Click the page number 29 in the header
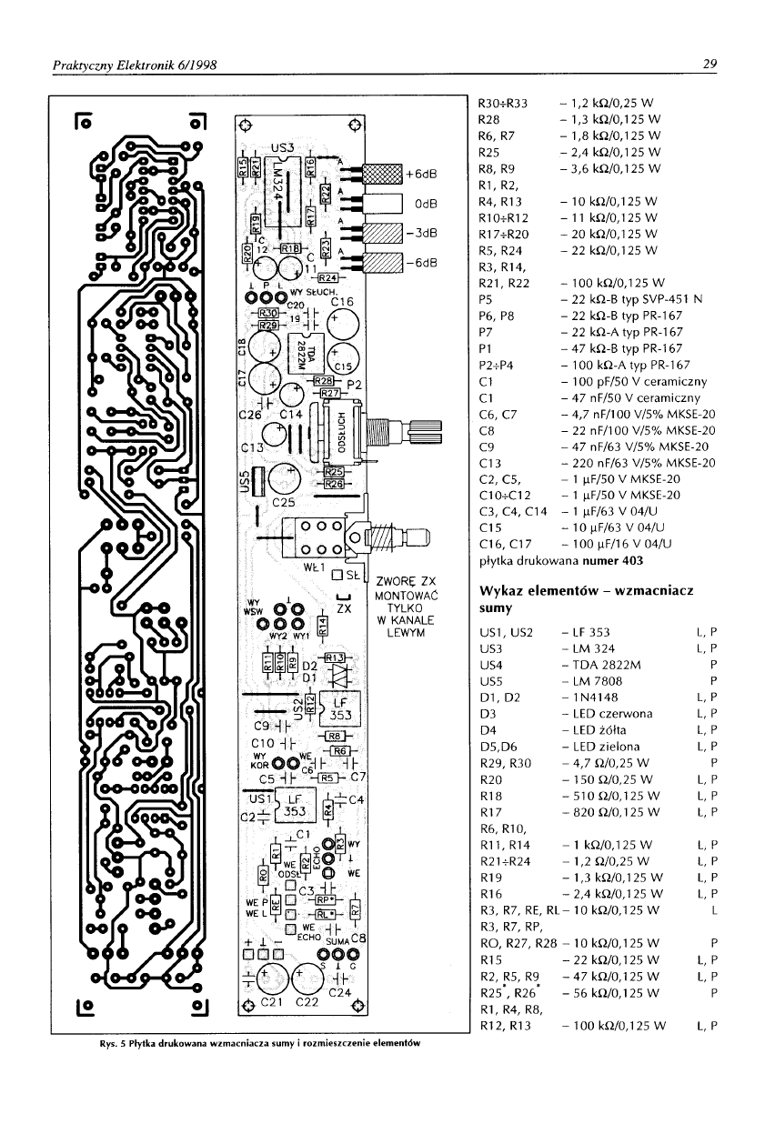[x=710, y=64]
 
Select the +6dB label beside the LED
[x=421, y=174]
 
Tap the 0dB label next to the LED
[x=422, y=204]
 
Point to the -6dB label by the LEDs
[x=421, y=264]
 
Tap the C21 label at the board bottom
[x=274, y=1003]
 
